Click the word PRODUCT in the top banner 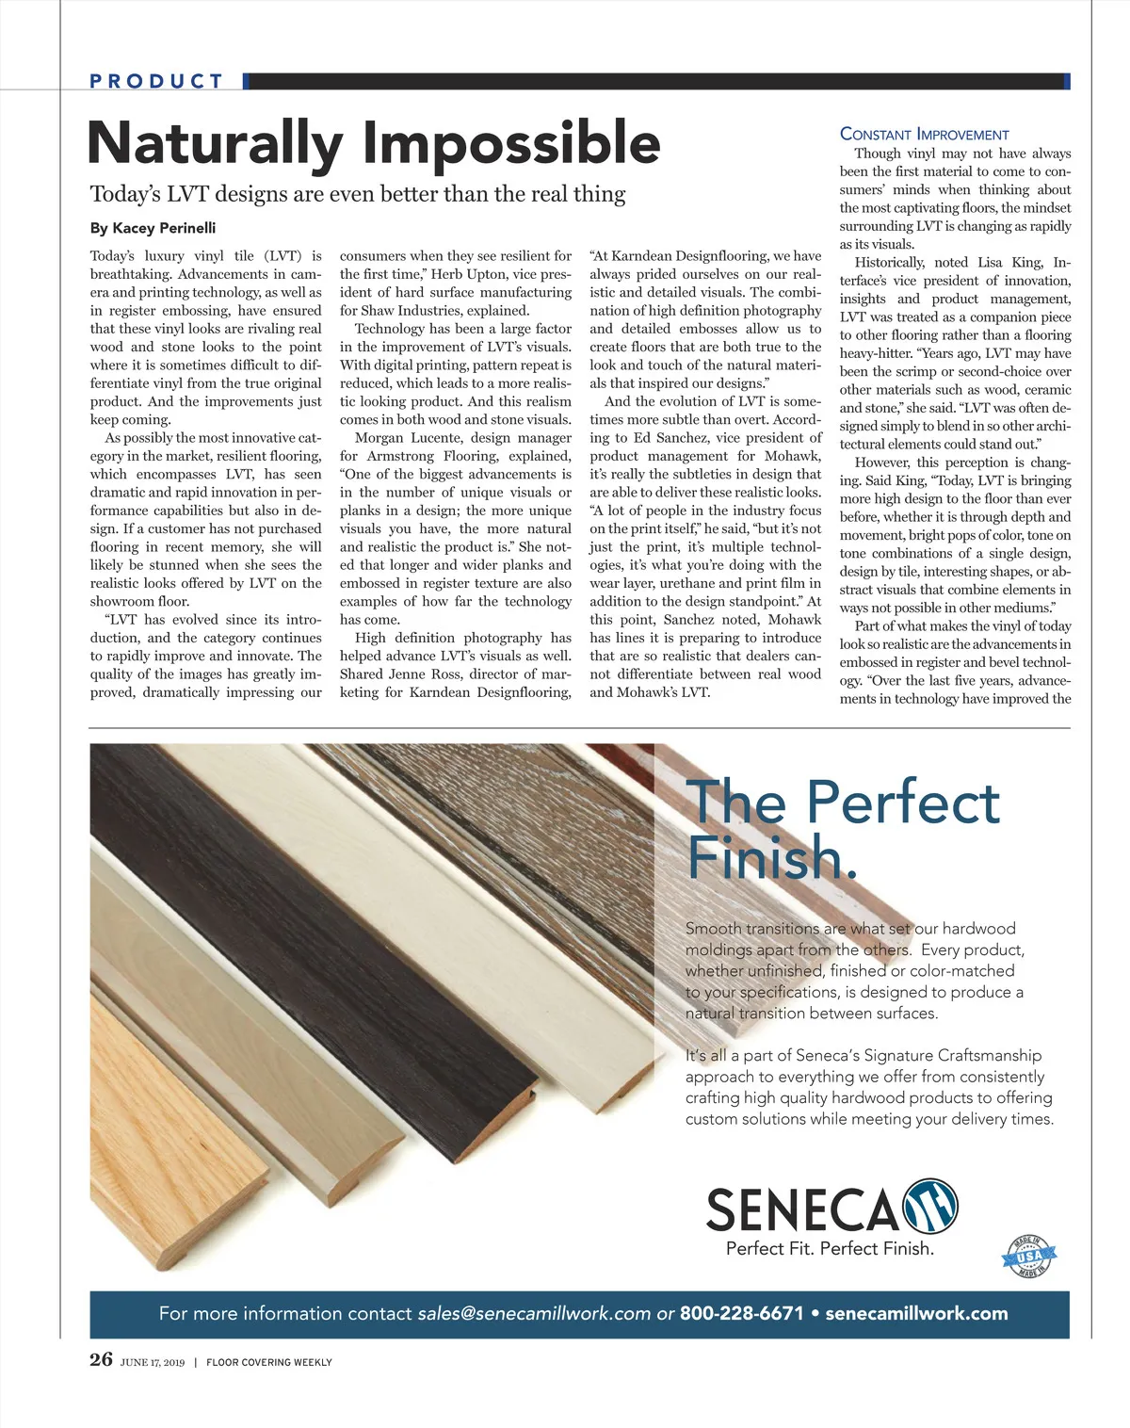click(156, 81)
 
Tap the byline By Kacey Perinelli click(153, 228)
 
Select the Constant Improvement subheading click(924, 135)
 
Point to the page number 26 click(101, 1359)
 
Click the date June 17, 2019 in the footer click(153, 1362)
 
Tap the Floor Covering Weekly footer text click(268, 1362)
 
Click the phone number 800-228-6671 click(742, 1313)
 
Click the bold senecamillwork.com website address click(916, 1313)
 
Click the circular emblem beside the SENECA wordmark click(930, 1206)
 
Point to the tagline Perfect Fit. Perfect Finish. click(830, 1248)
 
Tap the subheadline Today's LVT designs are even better click(358, 194)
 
